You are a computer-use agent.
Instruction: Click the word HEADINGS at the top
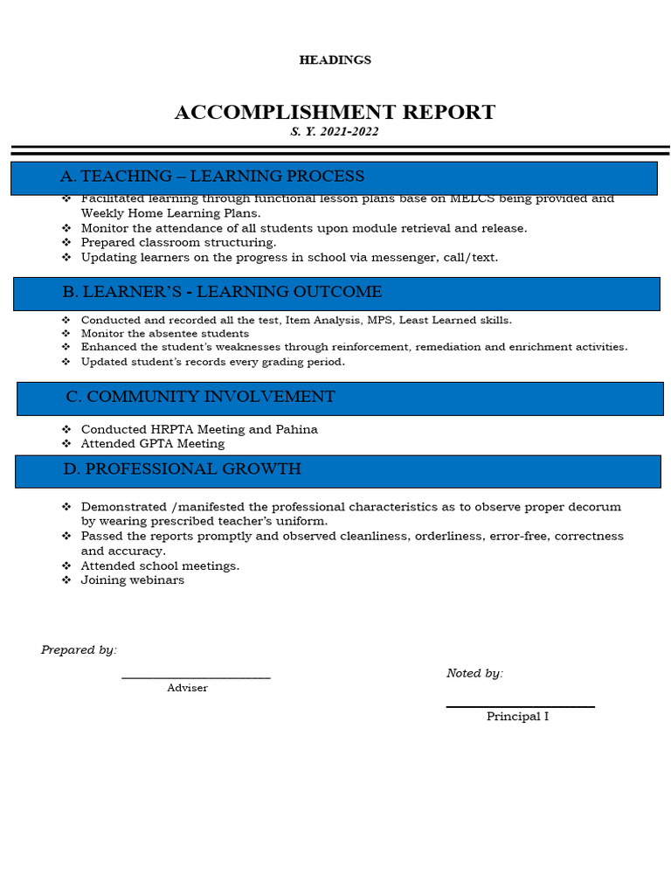point(335,60)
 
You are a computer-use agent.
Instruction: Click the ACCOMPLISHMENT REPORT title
point(335,113)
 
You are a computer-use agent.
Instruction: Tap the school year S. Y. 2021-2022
point(335,132)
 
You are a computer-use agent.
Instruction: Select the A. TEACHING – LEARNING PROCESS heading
point(212,177)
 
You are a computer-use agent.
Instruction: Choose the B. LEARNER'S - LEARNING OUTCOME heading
point(222,292)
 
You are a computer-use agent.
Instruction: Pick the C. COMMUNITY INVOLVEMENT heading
point(200,397)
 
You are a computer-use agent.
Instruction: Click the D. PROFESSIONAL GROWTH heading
point(182,469)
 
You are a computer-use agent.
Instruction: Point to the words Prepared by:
point(79,650)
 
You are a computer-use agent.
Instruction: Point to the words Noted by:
point(474,673)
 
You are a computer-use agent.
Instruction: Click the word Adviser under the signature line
point(187,689)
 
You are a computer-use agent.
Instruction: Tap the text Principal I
point(517,717)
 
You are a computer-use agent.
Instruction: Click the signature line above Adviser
point(196,677)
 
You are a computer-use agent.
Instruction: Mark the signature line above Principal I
point(520,706)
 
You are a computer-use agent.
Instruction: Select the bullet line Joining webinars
point(132,580)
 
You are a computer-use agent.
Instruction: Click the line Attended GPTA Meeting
point(152,444)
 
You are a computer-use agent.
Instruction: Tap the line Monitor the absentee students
point(164,334)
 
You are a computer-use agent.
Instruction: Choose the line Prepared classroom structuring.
point(178,243)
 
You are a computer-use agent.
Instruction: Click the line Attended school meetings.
point(160,566)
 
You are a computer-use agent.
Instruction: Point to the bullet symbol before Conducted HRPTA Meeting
point(66,430)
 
